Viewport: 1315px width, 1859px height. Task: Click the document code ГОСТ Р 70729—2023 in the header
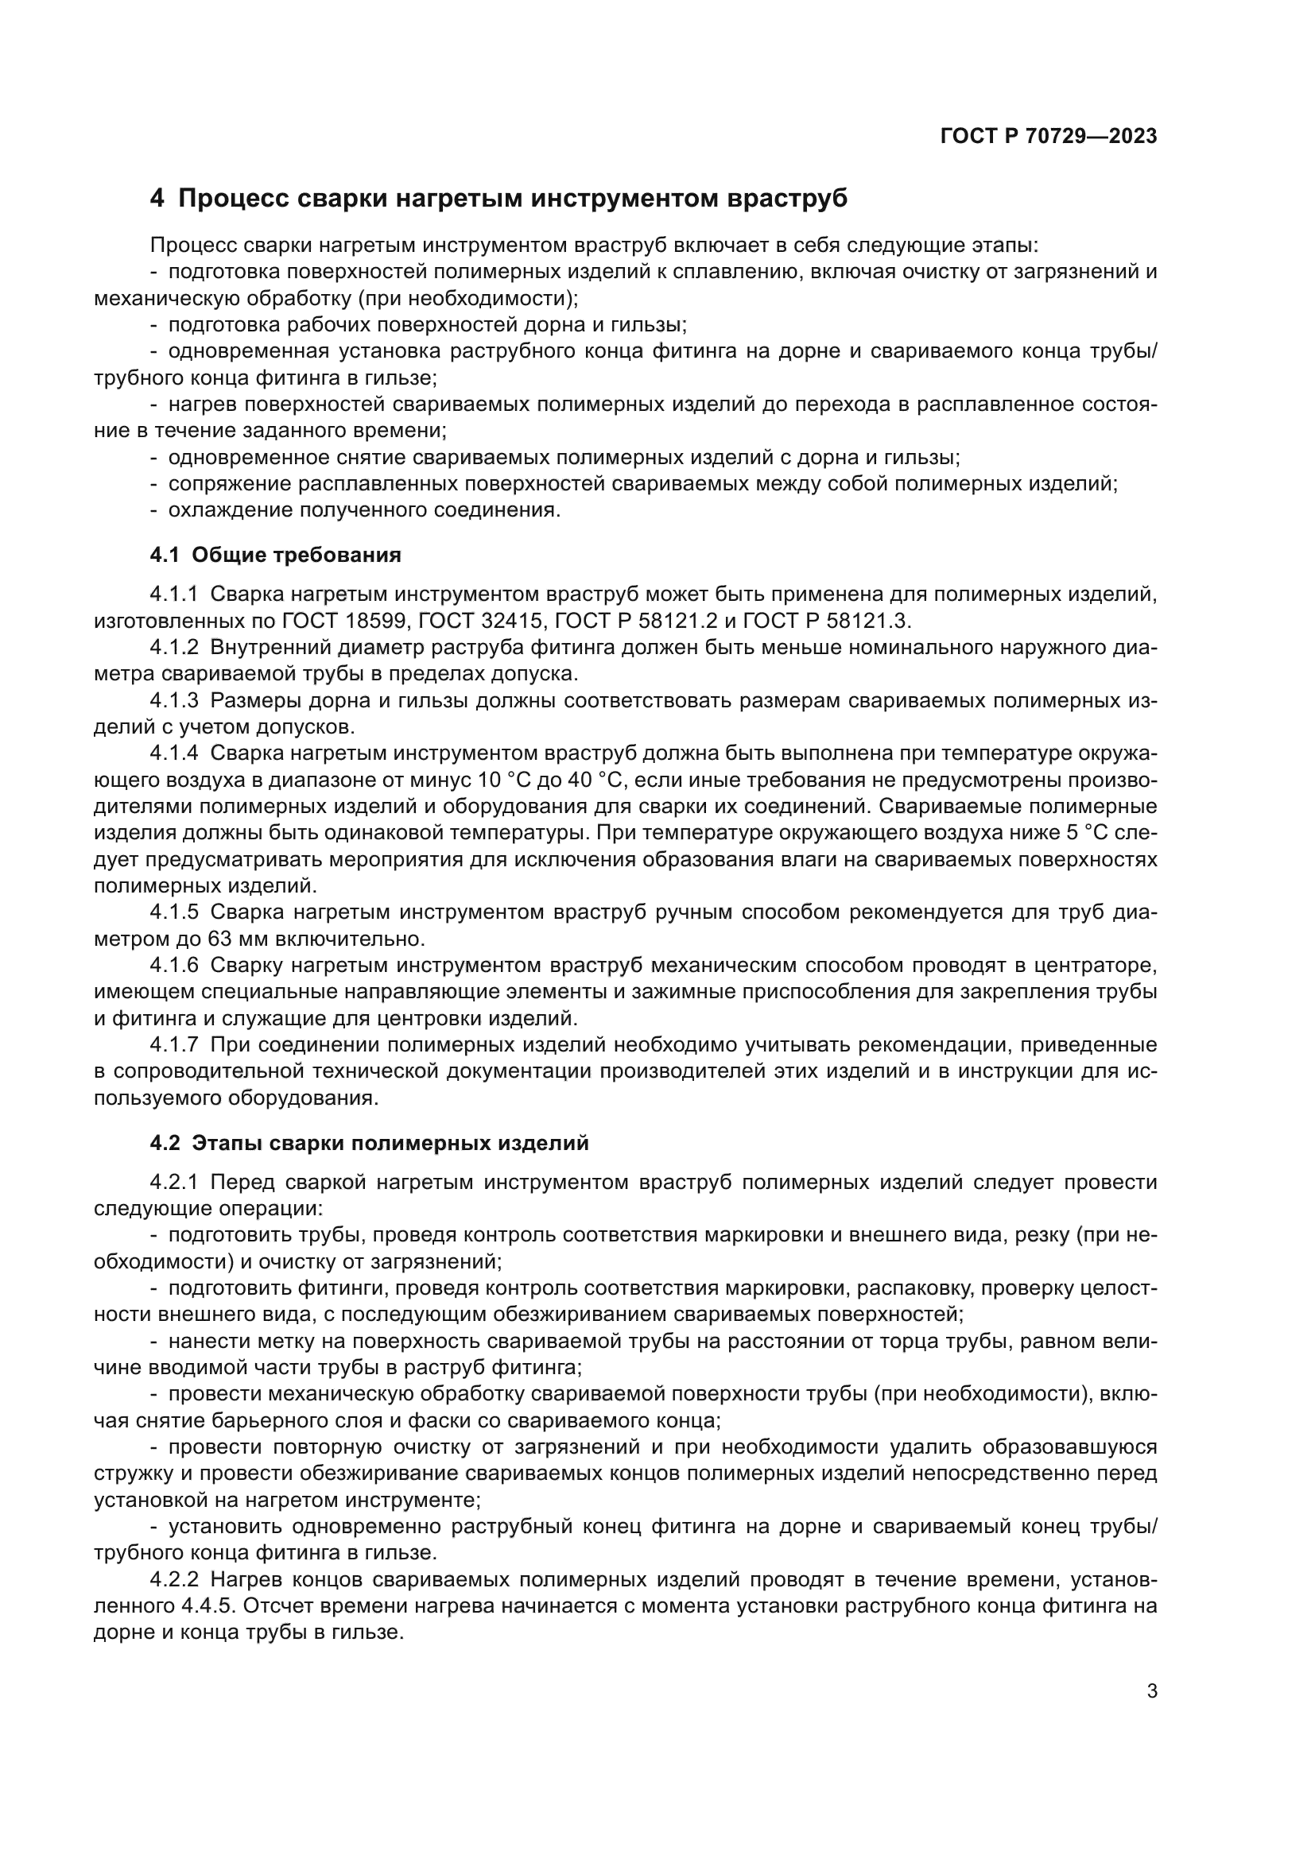click(1049, 136)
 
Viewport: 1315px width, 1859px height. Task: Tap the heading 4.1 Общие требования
click(275, 555)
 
